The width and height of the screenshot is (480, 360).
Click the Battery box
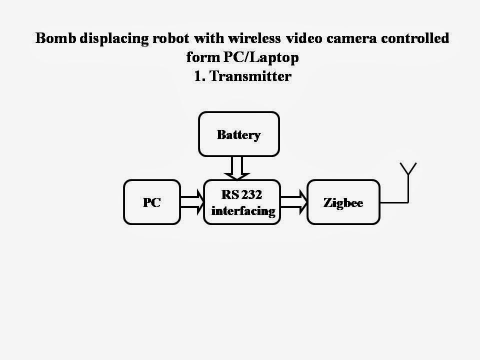point(238,134)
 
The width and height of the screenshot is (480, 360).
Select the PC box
point(151,202)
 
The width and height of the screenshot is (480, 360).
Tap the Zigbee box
point(343,202)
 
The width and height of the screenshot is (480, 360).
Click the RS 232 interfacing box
point(242,202)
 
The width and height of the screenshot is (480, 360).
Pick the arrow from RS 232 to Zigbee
point(294,202)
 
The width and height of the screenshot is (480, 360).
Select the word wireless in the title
point(242,38)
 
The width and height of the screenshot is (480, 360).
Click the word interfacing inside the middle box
point(243,210)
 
